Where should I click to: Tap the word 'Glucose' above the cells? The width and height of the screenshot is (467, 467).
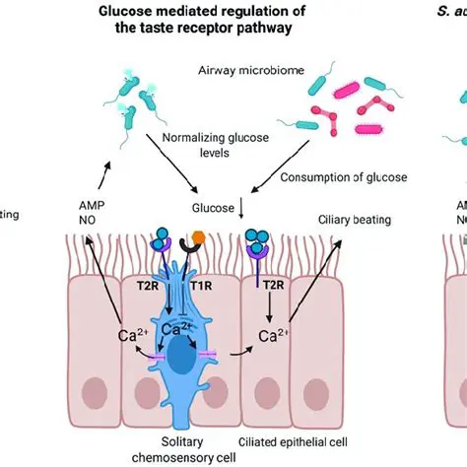click(210, 209)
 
